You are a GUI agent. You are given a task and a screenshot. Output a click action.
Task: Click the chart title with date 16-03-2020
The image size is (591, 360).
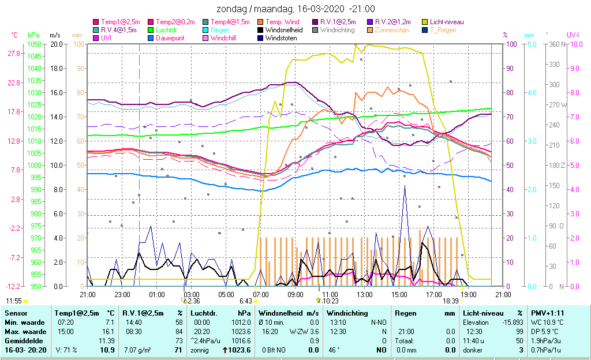(x=295, y=9)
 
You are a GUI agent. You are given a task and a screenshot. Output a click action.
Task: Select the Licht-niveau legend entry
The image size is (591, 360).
(x=447, y=22)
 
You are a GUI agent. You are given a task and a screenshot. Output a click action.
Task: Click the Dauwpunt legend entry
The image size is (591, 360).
(x=170, y=38)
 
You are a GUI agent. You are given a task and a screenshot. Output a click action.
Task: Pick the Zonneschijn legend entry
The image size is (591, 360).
(x=391, y=30)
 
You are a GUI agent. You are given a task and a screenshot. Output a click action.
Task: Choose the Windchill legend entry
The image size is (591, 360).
(x=226, y=38)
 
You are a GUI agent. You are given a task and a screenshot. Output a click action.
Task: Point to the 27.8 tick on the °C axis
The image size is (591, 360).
(x=14, y=53)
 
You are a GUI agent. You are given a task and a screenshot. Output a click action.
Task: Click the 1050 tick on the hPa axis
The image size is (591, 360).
(x=35, y=44)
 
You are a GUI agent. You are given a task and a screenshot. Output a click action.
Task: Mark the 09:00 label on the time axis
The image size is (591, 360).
(x=295, y=294)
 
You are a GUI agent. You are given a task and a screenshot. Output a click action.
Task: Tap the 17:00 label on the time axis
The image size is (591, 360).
(x=434, y=294)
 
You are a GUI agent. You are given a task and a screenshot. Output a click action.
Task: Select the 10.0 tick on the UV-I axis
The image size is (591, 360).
(x=575, y=44)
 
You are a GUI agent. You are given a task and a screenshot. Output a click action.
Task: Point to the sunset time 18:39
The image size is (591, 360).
(x=450, y=301)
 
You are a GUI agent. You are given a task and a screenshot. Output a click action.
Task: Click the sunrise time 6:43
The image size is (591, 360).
(x=246, y=301)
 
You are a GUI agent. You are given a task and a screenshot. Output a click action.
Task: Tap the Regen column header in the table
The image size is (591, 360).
(x=402, y=313)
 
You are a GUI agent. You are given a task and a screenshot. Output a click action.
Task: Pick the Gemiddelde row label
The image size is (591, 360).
(x=22, y=341)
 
